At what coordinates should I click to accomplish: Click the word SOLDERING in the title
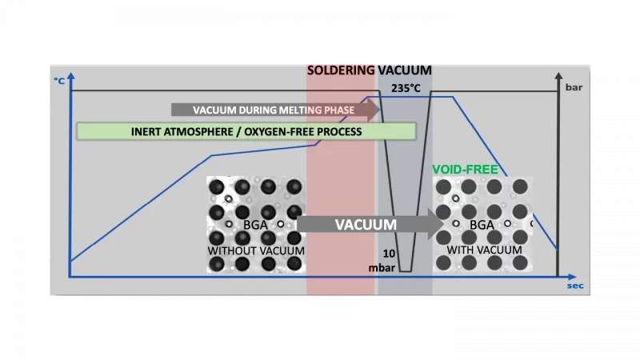point(341,70)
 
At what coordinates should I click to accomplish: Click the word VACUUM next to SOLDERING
point(404,70)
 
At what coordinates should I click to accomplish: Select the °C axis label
point(59,81)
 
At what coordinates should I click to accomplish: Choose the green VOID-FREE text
point(465,169)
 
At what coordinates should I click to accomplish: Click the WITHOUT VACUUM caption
point(256,251)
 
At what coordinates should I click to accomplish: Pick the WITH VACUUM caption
point(484,250)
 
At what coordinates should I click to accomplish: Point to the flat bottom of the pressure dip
point(406,271)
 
